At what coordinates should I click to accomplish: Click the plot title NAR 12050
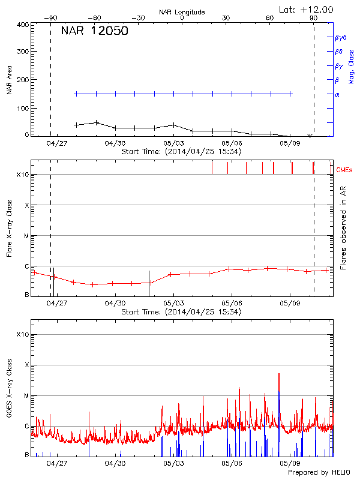click(95, 32)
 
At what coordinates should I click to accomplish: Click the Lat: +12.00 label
click(307, 9)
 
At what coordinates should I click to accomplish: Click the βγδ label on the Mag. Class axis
click(341, 37)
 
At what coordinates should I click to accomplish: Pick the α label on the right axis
click(337, 94)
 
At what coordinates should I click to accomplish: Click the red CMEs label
click(345, 171)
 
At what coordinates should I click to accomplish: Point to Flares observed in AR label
click(343, 227)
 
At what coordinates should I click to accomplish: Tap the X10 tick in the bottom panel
click(22, 334)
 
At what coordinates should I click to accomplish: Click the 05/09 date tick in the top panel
click(290, 144)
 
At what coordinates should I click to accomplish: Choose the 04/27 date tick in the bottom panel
click(57, 463)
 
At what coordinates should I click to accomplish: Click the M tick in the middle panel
click(26, 236)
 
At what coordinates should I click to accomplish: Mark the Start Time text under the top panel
click(181, 152)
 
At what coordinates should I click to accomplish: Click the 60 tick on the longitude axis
click(270, 18)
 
